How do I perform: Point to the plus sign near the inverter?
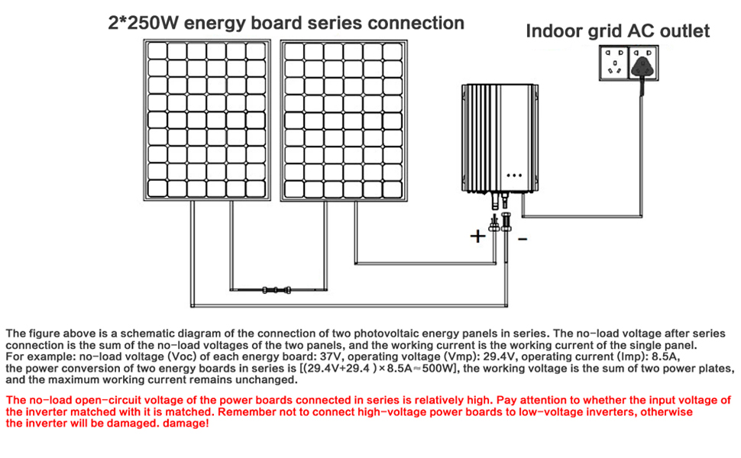click(x=477, y=236)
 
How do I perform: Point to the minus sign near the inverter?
click(x=523, y=238)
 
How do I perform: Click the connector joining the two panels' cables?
click(x=274, y=290)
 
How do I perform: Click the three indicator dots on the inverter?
click(x=513, y=173)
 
